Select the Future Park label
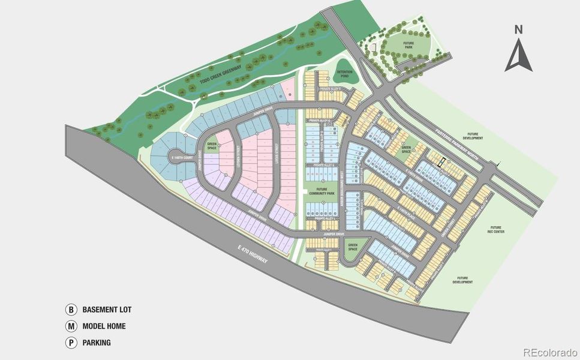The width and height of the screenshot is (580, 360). click(x=409, y=44)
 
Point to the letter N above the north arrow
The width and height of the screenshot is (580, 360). click(x=519, y=29)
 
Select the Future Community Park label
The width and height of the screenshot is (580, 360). click(x=322, y=191)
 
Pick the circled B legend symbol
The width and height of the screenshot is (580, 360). click(x=71, y=310)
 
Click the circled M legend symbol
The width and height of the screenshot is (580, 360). click(x=71, y=327)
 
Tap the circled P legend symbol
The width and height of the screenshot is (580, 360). click(x=71, y=343)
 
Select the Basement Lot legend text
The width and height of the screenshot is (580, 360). click(x=107, y=310)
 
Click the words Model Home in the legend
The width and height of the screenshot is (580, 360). click(x=104, y=327)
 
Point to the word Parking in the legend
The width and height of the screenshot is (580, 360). click(x=97, y=343)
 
